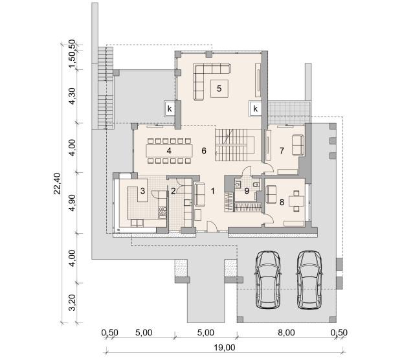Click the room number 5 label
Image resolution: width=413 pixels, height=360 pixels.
pyautogui.click(x=219, y=89)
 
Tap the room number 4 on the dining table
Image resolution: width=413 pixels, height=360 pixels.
pyautogui.click(x=169, y=151)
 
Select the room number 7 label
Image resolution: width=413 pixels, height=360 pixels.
pyautogui.click(x=282, y=151)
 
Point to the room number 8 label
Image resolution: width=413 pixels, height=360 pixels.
pyautogui.click(x=282, y=202)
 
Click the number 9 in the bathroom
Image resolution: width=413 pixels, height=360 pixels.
pyautogui.click(x=247, y=191)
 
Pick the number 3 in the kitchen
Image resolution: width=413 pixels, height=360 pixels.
pyautogui.click(x=142, y=191)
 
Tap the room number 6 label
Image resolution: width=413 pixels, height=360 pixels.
pyautogui.click(x=204, y=151)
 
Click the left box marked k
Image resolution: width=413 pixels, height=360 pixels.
pyautogui.click(x=170, y=108)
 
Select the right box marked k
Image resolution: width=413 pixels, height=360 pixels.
pyautogui.click(x=255, y=108)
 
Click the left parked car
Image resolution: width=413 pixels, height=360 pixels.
pyautogui.click(x=268, y=280)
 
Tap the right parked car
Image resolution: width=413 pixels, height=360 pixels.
pyautogui.click(x=309, y=280)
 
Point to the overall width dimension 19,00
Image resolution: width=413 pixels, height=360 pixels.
pyautogui.click(x=225, y=348)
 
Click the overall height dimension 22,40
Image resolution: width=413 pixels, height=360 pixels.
pyautogui.click(x=57, y=183)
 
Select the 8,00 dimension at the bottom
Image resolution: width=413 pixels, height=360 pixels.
pyautogui.click(x=286, y=333)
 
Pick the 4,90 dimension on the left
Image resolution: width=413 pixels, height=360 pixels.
pyautogui.click(x=72, y=203)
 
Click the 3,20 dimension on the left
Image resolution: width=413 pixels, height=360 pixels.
pyautogui.click(x=72, y=302)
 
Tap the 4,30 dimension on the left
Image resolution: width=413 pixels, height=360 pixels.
pyautogui.click(x=72, y=96)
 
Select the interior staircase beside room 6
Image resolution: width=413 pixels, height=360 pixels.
pyautogui.click(x=235, y=145)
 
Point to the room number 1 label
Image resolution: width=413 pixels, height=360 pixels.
pyautogui.click(x=213, y=191)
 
